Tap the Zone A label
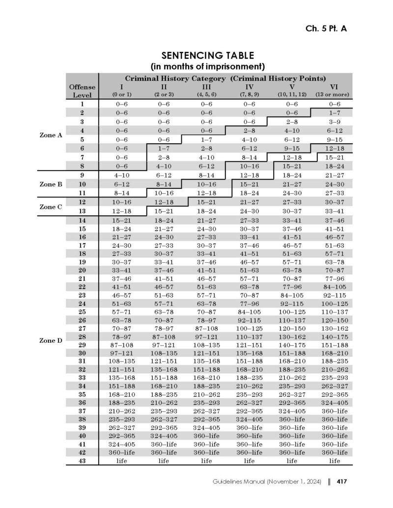[51, 135]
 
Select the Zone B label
[51, 184]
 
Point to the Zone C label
[51, 206]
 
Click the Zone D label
[51, 339]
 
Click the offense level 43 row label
[82, 460]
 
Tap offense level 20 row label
[82, 270]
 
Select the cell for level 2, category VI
[334, 113]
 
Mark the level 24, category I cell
[121, 303]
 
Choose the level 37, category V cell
[291, 411]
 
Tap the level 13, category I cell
[121, 210]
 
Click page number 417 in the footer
[342, 482]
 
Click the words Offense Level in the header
[82, 91]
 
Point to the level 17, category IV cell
[249, 245]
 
